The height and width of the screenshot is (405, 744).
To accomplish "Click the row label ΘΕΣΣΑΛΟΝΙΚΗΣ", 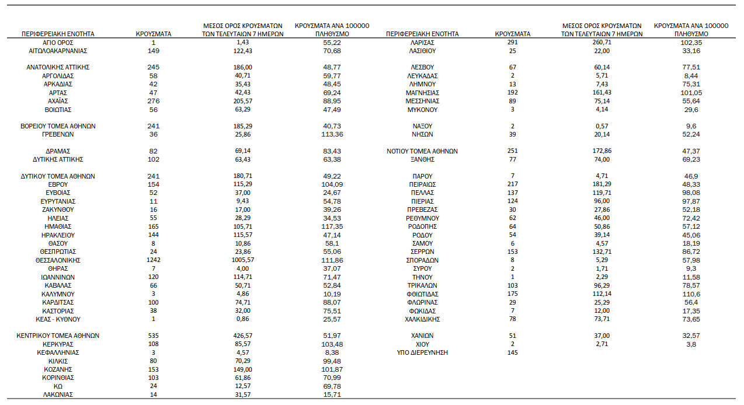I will [58, 260].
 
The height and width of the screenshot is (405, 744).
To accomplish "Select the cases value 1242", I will [153, 260].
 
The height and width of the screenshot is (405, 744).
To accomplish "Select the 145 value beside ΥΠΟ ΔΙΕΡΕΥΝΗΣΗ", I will [513, 353].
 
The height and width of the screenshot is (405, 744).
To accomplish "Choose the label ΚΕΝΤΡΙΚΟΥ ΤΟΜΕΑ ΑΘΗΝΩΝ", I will [58, 336].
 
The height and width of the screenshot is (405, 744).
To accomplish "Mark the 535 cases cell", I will [153, 336].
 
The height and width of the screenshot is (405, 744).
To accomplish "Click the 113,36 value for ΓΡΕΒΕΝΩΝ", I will [331, 134].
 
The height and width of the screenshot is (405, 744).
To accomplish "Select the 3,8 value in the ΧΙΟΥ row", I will [691, 344].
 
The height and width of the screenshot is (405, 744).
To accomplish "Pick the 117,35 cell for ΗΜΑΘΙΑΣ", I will [331, 226].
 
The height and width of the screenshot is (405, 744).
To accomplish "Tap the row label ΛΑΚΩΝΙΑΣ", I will [58, 395].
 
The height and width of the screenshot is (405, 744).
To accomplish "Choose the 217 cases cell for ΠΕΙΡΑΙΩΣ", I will [513, 184].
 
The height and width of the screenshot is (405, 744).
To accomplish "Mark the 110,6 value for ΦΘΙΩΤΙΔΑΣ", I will [691, 294].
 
